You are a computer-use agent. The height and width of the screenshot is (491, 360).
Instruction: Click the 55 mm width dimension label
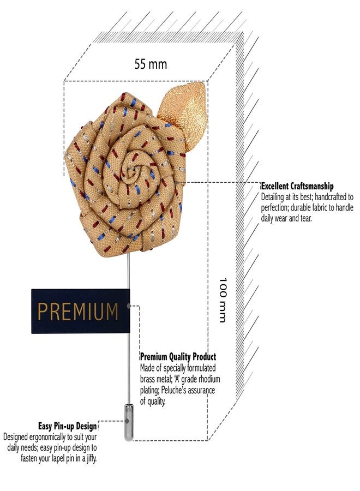[151, 64]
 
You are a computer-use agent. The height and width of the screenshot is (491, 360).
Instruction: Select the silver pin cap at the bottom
[128, 422]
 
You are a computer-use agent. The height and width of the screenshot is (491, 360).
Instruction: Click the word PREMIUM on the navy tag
[78, 312]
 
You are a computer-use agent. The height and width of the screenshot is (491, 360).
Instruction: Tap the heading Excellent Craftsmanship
[297, 187]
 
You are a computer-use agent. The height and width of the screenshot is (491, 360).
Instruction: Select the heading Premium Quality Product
[178, 357]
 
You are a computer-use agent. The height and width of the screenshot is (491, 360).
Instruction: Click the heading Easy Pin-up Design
[67, 426]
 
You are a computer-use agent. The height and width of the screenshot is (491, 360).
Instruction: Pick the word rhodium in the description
[209, 379]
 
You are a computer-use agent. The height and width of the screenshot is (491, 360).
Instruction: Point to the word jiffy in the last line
[91, 458]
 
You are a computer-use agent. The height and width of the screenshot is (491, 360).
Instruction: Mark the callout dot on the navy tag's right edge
[129, 306]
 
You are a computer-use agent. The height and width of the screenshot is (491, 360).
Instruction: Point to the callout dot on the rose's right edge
[176, 182]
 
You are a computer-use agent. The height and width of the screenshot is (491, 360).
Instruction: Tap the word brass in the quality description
[148, 379]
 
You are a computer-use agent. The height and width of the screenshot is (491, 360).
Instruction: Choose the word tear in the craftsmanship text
[307, 219]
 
